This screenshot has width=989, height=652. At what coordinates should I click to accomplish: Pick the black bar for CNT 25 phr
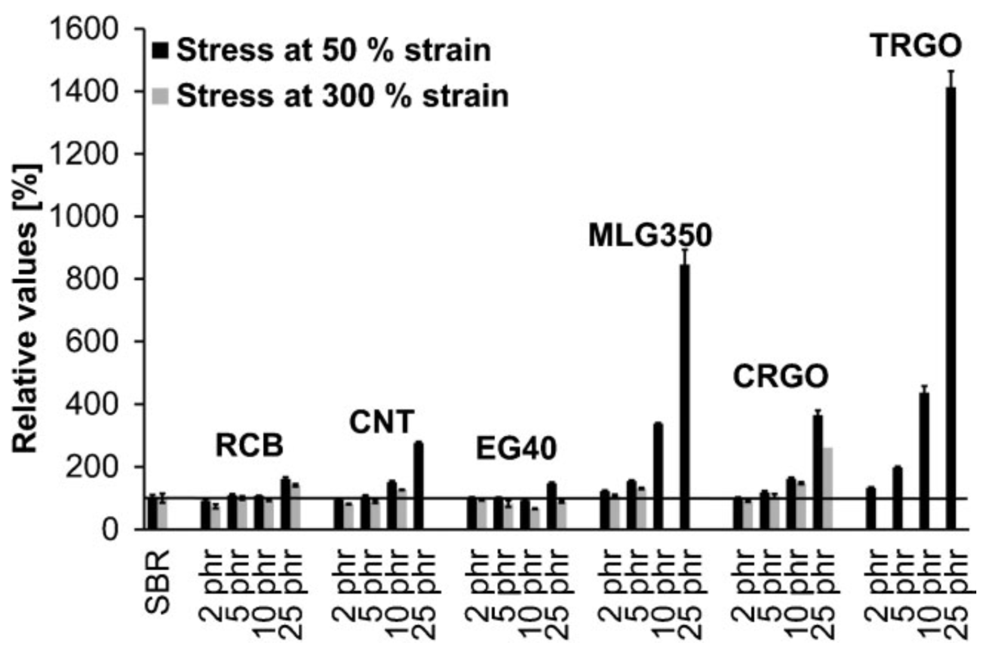pyautogui.click(x=419, y=486)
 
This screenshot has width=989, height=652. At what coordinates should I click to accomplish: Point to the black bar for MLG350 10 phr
pyautogui.click(x=658, y=476)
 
